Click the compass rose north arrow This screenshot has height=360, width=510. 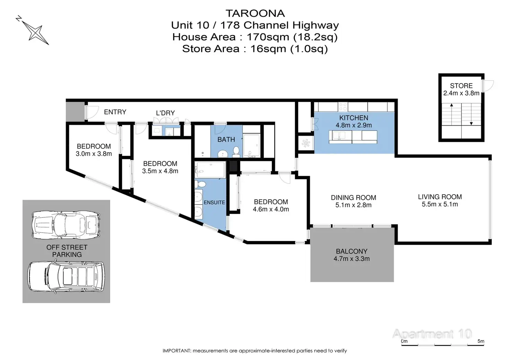[34, 31]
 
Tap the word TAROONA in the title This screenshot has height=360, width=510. [255, 13]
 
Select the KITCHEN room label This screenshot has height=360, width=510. [353, 118]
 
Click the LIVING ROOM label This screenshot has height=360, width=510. [440, 197]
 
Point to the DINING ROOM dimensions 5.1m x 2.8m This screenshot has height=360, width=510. [353, 205]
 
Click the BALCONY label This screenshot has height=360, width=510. [351, 251]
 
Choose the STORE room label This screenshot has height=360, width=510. [461, 85]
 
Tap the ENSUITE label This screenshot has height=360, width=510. [214, 202]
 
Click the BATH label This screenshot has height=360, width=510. [226, 139]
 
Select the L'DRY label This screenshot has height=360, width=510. [165, 113]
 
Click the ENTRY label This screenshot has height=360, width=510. [115, 112]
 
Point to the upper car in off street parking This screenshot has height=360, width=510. [66, 225]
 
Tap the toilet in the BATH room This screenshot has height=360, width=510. [236, 151]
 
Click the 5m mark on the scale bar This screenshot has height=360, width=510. [481, 341]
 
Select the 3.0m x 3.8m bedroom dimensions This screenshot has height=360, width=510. [94, 154]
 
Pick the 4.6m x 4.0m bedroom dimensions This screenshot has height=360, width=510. [271, 209]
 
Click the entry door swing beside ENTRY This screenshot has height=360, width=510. [91, 112]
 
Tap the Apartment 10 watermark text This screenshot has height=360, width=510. [432, 334]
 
